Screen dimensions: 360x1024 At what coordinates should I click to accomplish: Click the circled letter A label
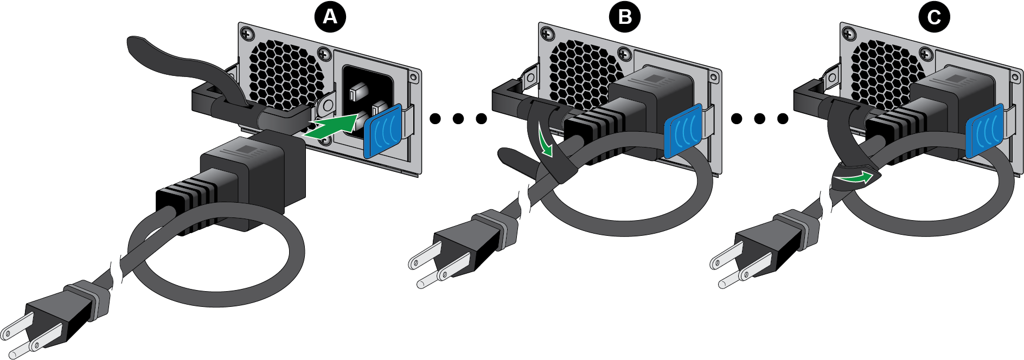click(330, 17)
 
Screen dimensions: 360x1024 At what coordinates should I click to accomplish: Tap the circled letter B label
click(625, 17)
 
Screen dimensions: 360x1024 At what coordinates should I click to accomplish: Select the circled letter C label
click(933, 17)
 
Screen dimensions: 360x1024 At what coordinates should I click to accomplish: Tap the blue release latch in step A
click(383, 131)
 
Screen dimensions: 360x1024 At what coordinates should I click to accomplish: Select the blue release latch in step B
click(683, 131)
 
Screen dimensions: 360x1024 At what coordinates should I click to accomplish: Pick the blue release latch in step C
click(984, 131)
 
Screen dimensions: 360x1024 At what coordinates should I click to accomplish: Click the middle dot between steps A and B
click(458, 118)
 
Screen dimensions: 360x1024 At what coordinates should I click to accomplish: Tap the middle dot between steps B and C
click(759, 118)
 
